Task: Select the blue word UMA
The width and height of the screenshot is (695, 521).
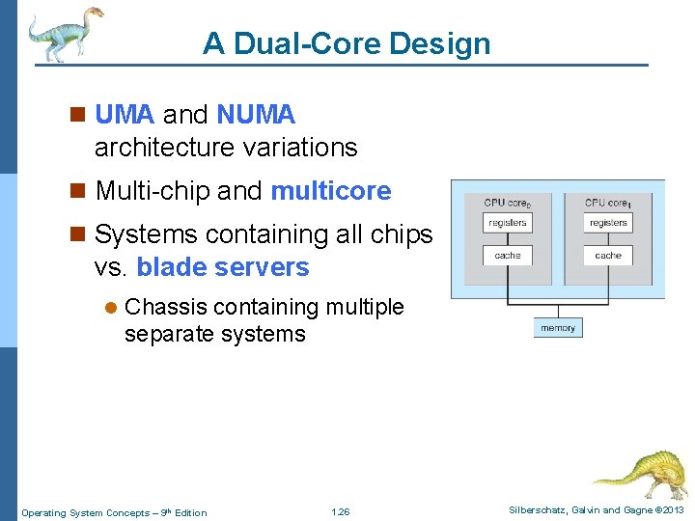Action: click(125, 115)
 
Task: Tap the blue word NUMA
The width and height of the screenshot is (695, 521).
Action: click(256, 115)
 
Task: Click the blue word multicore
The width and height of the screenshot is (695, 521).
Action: click(331, 191)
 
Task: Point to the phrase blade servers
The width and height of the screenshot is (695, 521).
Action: click(223, 267)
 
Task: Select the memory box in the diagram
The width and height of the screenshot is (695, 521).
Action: click(558, 328)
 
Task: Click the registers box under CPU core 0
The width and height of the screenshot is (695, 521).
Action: click(507, 223)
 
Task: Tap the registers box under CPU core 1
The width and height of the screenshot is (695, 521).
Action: click(608, 223)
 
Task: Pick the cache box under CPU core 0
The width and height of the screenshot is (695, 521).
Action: click(507, 256)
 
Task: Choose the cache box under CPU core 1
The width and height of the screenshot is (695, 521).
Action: click(608, 256)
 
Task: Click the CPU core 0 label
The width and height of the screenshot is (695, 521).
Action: click(508, 203)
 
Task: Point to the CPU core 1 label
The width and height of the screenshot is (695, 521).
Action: click(608, 203)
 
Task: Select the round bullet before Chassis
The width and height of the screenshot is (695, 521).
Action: click(110, 308)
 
